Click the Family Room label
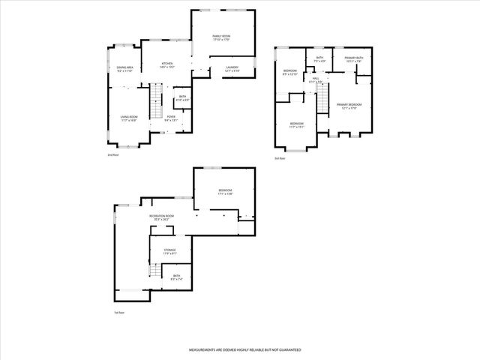click(x=220, y=37)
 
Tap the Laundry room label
click(x=232, y=69)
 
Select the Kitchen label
click(x=168, y=65)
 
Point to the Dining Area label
click(x=125, y=70)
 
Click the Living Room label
click(x=129, y=118)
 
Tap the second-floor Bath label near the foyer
click(x=182, y=97)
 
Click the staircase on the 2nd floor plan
click(x=155, y=102)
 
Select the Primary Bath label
click(x=354, y=60)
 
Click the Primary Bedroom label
click(x=349, y=106)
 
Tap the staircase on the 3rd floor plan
click(x=322, y=98)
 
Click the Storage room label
click(x=169, y=252)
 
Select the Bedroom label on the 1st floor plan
click(x=225, y=193)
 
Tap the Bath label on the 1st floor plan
click(x=177, y=277)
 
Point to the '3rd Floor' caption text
click(x=280, y=158)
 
